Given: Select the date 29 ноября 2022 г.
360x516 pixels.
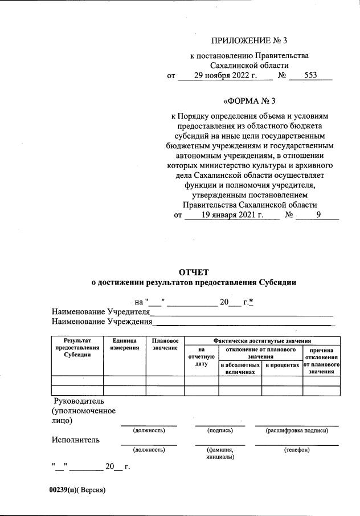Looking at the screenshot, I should pyautogui.click(x=226, y=75).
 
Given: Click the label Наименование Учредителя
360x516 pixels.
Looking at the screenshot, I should pyautogui.click(x=100, y=312).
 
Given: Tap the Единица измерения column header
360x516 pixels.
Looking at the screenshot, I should pyautogui.click(x=125, y=344).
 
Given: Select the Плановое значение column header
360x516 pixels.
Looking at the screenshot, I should pyautogui.click(x=165, y=344).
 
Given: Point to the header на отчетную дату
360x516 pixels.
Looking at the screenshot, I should pyautogui.click(x=201, y=356).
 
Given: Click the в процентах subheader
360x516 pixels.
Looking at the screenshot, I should pyautogui.click(x=282, y=364).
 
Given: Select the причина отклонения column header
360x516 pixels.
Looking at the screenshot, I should pyautogui.click(x=322, y=361).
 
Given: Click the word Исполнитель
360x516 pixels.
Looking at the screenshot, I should pyautogui.click(x=76, y=440).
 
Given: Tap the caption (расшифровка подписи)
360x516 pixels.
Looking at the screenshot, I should pyautogui.click(x=297, y=430).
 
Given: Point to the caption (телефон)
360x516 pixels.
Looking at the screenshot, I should pyautogui.click(x=297, y=450).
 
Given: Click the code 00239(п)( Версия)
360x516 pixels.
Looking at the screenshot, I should pyautogui.click(x=77, y=490).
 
